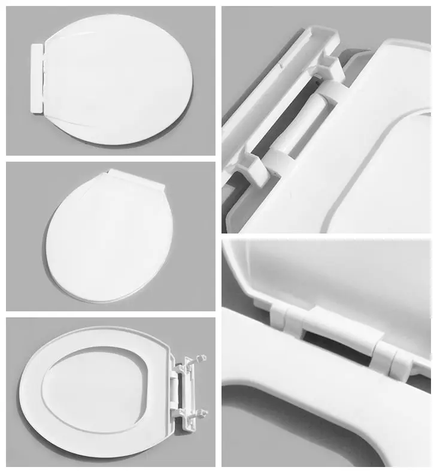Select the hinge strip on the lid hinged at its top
(136, 179)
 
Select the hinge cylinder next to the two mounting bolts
(176, 386)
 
